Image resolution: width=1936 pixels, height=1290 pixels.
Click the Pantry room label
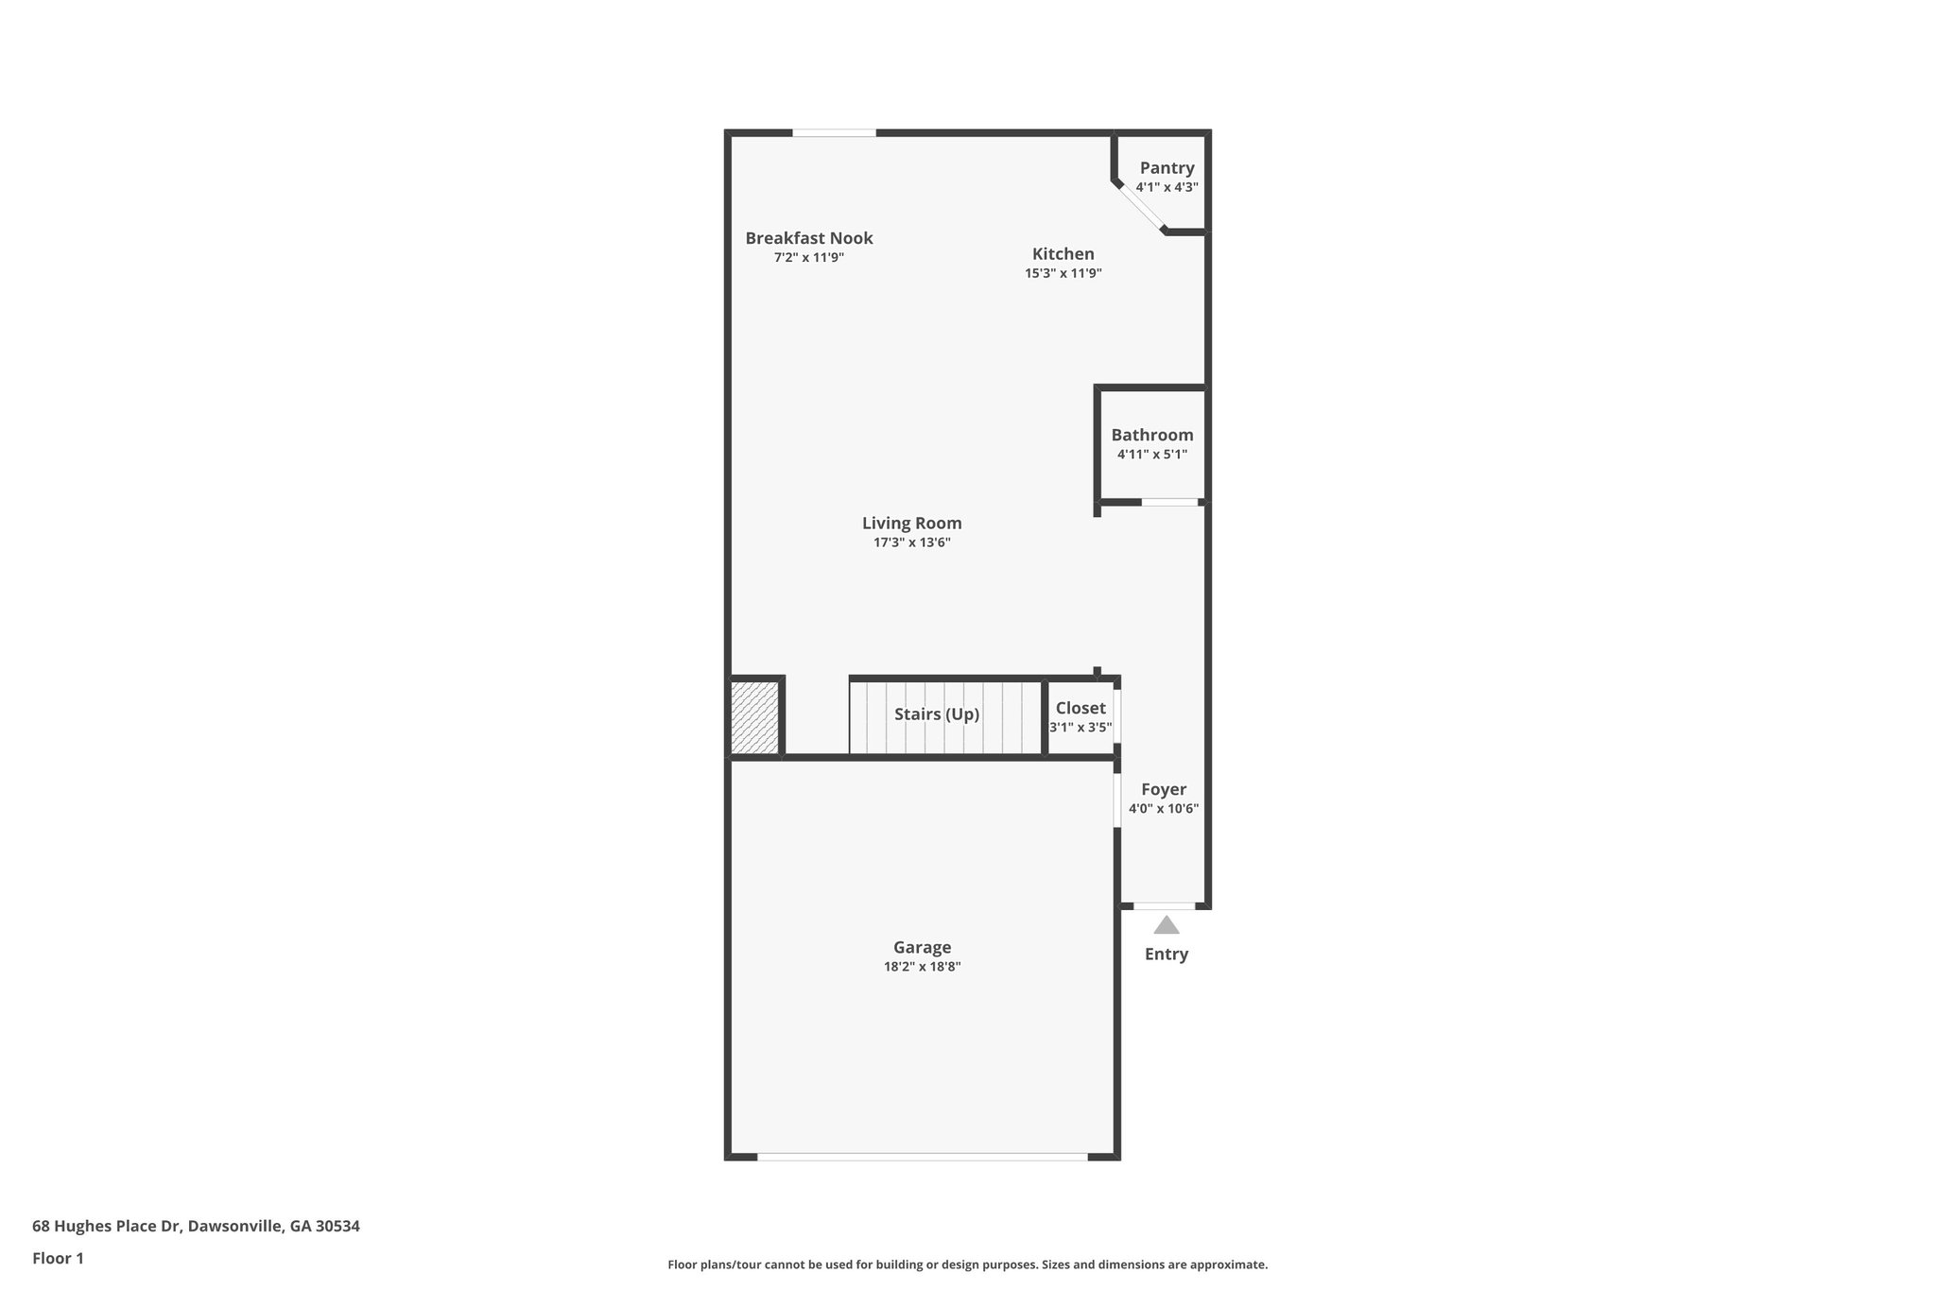pyautogui.click(x=1167, y=168)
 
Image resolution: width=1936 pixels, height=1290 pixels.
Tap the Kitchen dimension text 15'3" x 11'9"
pyautogui.click(x=1063, y=274)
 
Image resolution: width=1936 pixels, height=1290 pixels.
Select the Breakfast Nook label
pyautogui.click(x=808, y=238)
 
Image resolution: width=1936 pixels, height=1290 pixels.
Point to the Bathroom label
pyautogui.click(x=1151, y=435)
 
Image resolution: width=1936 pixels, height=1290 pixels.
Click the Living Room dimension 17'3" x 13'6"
pyautogui.click(x=911, y=542)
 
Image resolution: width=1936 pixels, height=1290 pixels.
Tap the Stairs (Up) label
pyautogui.click(x=936, y=714)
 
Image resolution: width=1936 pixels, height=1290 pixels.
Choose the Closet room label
pyautogui.click(x=1080, y=708)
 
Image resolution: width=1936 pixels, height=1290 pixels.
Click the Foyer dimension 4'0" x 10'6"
pyautogui.click(x=1163, y=809)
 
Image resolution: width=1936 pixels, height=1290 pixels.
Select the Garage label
pyautogui.click(x=922, y=947)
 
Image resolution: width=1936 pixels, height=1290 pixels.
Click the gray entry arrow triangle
pyautogui.click(x=1166, y=926)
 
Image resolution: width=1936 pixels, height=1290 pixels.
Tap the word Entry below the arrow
pyautogui.click(x=1166, y=955)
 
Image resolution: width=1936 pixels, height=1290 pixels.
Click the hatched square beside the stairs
pyautogui.click(x=754, y=717)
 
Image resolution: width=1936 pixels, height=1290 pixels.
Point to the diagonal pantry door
pyautogui.click(x=1140, y=207)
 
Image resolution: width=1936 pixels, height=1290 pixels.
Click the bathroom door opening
pyautogui.click(x=1169, y=502)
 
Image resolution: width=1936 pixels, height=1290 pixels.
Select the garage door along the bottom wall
pyautogui.click(x=922, y=1156)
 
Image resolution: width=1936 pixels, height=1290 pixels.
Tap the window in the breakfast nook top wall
pyautogui.click(x=834, y=133)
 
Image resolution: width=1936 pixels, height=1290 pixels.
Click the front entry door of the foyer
pyautogui.click(x=1164, y=905)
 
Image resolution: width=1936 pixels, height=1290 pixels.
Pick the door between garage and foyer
pyautogui.click(x=1116, y=800)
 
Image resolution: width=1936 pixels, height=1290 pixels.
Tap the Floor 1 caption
pyautogui.click(x=58, y=1258)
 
